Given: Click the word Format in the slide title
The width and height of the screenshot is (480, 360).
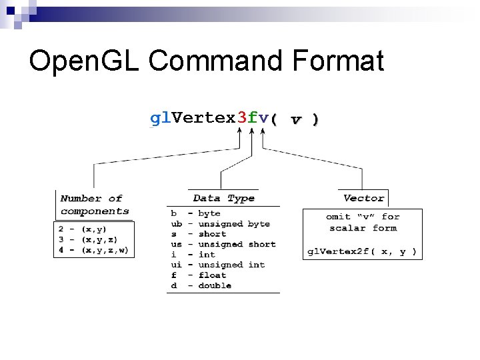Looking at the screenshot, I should (338, 61).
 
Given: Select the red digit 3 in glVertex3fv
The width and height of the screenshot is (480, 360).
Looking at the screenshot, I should (242, 118).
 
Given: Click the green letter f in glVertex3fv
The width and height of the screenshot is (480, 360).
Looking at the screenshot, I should (253, 118).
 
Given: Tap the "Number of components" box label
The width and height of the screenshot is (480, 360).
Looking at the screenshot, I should (94, 205).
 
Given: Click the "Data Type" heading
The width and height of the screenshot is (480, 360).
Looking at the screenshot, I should (223, 198).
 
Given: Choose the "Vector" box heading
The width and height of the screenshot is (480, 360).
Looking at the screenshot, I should (363, 198).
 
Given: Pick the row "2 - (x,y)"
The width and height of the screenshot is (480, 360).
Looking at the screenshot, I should (83, 229).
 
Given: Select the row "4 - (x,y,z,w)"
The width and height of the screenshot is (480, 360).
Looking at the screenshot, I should (94, 251).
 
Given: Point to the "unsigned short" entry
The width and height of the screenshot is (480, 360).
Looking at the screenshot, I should (237, 245).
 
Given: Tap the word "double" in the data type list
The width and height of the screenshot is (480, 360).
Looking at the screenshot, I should (215, 285).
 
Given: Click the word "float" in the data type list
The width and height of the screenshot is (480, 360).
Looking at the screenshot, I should (212, 275).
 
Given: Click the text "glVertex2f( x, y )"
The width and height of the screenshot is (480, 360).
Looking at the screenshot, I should (362, 252).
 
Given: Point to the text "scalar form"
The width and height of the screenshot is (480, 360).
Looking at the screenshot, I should (363, 228).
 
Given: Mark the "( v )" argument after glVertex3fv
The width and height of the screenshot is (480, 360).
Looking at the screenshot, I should (295, 119).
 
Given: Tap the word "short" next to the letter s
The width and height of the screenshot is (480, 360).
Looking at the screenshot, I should (212, 234).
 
